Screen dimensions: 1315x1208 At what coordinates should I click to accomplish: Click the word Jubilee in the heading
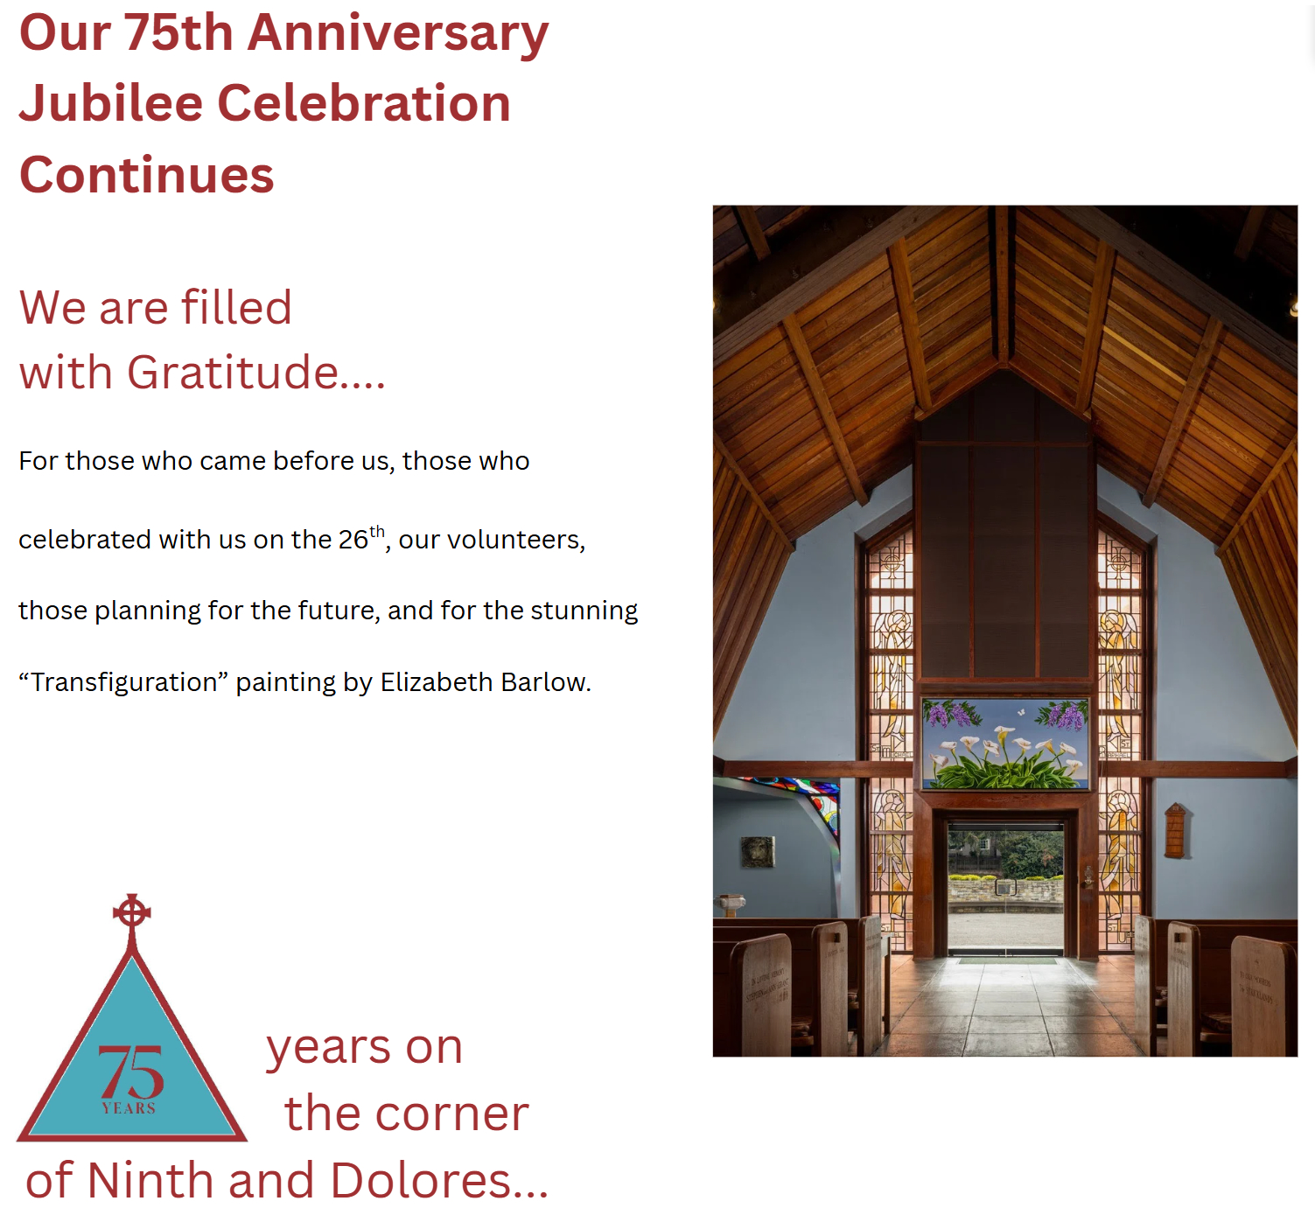111,103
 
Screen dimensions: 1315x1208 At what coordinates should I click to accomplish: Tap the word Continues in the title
147,175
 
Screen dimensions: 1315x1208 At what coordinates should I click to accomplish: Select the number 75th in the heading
178,32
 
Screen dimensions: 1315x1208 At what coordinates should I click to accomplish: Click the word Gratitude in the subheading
233,373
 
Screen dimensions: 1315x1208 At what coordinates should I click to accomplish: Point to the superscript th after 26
377,531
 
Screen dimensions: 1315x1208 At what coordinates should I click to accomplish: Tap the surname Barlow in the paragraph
545,682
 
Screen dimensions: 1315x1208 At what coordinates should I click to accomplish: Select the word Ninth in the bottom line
150,1181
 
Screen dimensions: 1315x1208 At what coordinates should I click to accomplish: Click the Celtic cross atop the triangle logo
132,913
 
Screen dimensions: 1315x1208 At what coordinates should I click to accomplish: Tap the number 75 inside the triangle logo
130,1072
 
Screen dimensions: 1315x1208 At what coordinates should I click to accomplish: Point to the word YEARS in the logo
129,1108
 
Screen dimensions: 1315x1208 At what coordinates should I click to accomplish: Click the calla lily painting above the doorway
1005,744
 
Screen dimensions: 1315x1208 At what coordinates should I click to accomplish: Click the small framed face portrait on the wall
758,852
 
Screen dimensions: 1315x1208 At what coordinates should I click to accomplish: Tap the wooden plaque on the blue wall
1175,830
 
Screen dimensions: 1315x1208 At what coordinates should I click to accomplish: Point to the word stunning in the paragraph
584,611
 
